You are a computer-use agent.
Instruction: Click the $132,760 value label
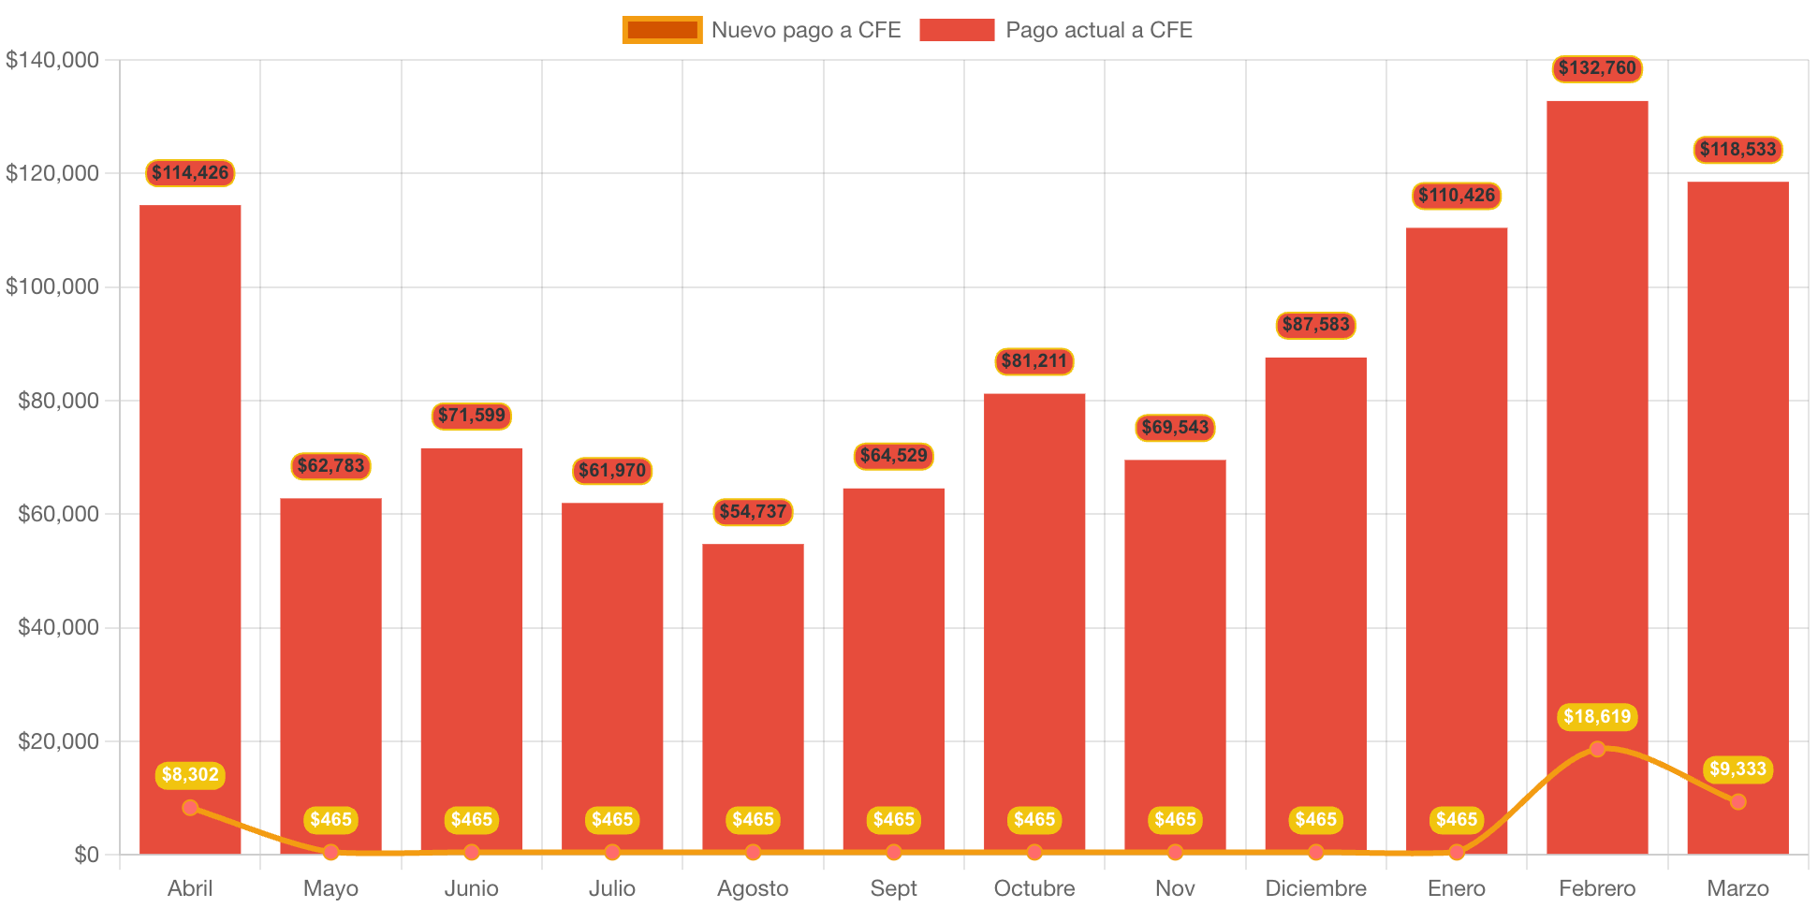pyautogui.click(x=1596, y=68)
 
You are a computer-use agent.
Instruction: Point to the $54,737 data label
pyautogui.click(x=753, y=512)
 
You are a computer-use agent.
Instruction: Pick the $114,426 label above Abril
pyautogui.click(x=190, y=173)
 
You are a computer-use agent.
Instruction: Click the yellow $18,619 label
pyautogui.click(x=1596, y=717)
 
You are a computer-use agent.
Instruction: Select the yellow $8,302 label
pyautogui.click(x=190, y=775)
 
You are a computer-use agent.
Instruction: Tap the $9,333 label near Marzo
pyautogui.click(x=1737, y=769)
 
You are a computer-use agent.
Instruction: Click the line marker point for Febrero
pyautogui.click(x=1597, y=749)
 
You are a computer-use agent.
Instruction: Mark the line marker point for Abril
pyautogui.click(x=190, y=807)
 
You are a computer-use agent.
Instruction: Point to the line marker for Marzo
pyautogui.click(x=1737, y=801)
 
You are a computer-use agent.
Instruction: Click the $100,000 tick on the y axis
pyautogui.click(x=52, y=286)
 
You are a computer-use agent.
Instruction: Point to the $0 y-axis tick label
pyautogui.click(x=86, y=855)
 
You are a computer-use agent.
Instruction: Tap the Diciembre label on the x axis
pyautogui.click(x=1315, y=888)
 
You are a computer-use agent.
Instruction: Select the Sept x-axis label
pyautogui.click(x=893, y=888)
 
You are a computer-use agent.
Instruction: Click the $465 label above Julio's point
pyautogui.click(x=612, y=820)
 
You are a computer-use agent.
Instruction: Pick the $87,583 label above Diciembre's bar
pyautogui.click(x=1315, y=325)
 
